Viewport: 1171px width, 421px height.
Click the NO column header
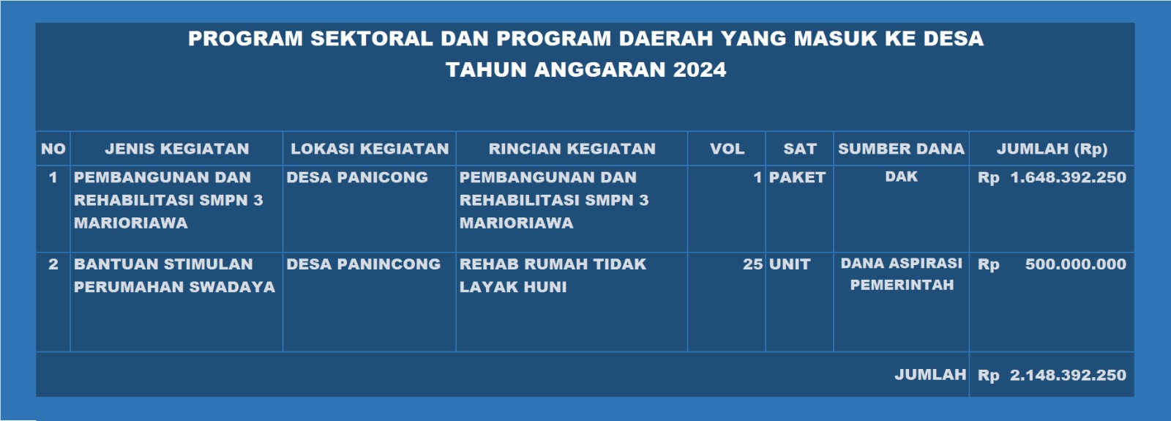[x=53, y=149]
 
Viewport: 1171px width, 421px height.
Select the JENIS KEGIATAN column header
[x=176, y=149]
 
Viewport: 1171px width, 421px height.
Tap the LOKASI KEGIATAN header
[x=370, y=149]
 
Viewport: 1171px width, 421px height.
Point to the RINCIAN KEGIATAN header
[x=572, y=149]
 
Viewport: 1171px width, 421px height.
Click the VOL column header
[x=727, y=149]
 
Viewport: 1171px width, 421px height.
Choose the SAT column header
[x=799, y=149]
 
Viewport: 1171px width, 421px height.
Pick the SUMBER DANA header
[x=901, y=149]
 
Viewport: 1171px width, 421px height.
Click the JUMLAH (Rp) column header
[x=1052, y=149]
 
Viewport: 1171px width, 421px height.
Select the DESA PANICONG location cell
[x=357, y=177]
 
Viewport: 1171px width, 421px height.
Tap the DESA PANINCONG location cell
[x=363, y=264]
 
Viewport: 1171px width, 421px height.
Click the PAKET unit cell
[x=797, y=177]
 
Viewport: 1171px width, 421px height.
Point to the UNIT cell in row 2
[x=790, y=264]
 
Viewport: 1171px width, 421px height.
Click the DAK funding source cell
[x=901, y=176]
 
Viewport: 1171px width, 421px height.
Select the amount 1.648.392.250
[x=1068, y=177]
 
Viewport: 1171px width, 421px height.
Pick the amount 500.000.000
[x=1075, y=264]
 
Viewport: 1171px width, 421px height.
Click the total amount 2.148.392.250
[x=1068, y=375]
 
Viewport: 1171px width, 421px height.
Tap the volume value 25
[x=753, y=264]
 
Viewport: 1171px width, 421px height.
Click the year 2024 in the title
[x=700, y=70]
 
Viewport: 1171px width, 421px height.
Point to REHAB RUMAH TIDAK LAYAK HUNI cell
[x=553, y=275]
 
